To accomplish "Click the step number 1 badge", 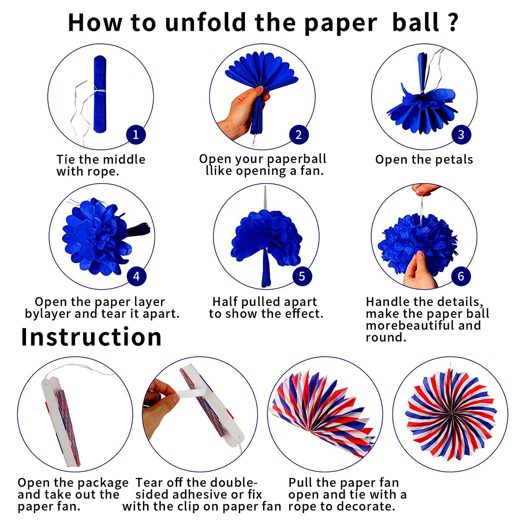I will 136,135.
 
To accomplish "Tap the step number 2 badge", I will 299,135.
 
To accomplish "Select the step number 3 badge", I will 461,135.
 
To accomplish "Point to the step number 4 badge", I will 136,276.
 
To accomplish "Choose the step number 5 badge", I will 302,276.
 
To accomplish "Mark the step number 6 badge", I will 461,276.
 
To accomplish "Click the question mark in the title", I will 453,23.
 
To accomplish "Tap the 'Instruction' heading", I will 91,337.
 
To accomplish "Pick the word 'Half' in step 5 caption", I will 225,302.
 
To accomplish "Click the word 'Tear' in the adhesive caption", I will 148,483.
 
